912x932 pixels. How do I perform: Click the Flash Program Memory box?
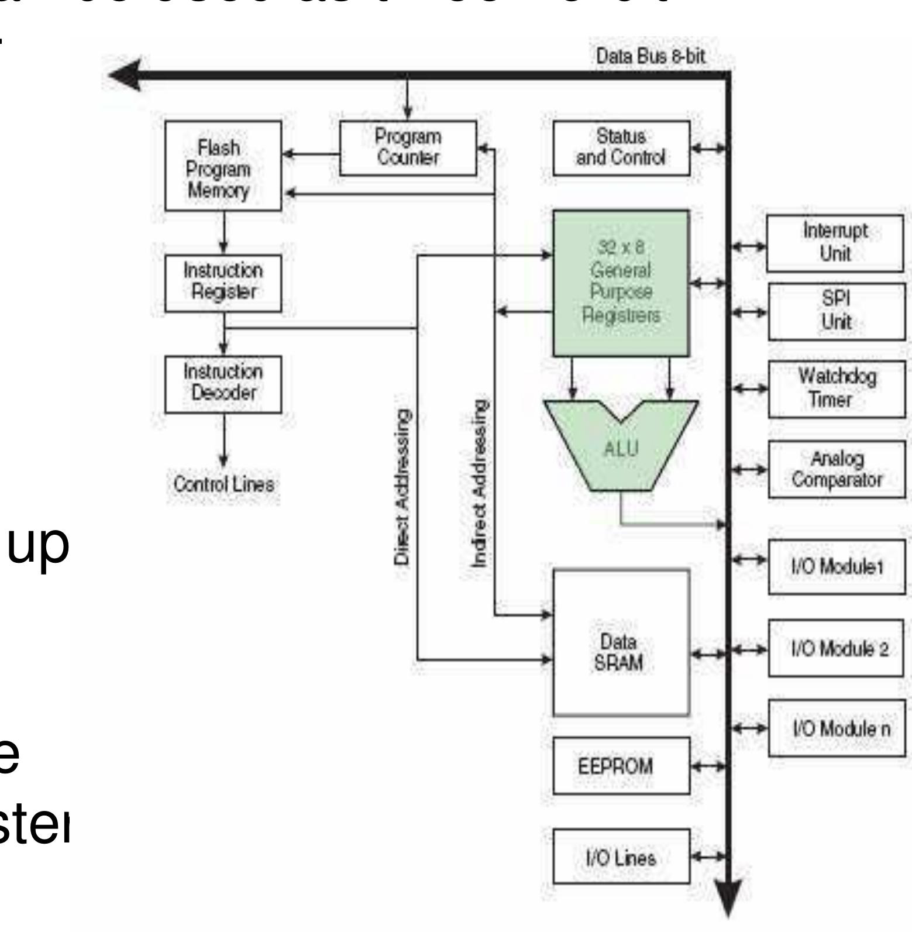223,166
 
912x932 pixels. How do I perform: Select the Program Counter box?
408,148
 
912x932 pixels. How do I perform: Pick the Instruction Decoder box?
223,384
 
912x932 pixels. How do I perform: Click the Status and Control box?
621,148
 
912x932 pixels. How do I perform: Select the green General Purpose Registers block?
621,283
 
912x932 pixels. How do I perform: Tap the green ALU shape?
621,448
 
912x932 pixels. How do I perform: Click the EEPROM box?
621,766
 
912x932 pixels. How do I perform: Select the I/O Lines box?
621,858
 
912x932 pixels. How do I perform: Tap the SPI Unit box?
837,311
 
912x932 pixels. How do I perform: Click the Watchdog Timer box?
837,388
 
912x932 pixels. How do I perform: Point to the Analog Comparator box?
837,469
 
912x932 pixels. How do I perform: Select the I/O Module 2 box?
837,648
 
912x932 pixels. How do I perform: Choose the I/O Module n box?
837,728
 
